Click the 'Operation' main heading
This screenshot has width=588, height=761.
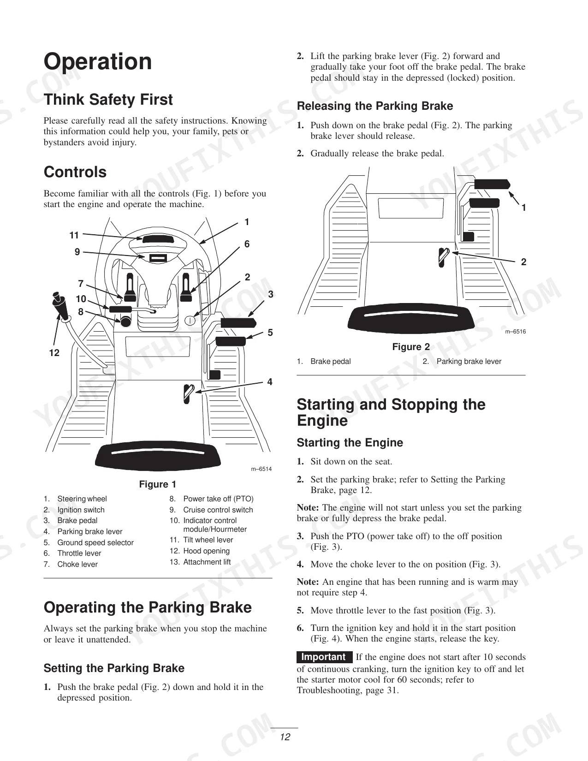(x=98, y=62)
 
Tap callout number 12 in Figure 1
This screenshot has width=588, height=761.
(x=54, y=353)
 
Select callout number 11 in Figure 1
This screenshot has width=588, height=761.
(x=74, y=235)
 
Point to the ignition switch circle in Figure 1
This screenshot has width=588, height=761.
(x=190, y=320)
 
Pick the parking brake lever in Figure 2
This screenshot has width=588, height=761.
(x=443, y=257)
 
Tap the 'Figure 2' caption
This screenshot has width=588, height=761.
(x=411, y=347)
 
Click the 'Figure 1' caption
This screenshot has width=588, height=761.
(x=158, y=484)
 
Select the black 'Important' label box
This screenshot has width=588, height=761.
(x=324, y=657)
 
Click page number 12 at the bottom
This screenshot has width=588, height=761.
(x=285, y=737)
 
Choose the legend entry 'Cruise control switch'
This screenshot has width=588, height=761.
(x=218, y=510)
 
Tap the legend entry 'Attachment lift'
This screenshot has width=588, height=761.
(x=207, y=562)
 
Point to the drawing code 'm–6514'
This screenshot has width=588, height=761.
(x=261, y=469)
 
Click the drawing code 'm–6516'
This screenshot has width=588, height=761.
(x=516, y=332)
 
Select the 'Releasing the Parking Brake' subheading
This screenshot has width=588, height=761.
(x=375, y=106)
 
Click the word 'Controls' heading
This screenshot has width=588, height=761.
(x=75, y=172)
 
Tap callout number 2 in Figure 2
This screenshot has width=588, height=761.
(x=523, y=262)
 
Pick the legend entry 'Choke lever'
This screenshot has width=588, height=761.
(x=77, y=564)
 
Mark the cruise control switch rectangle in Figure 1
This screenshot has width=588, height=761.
(x=158, y=258)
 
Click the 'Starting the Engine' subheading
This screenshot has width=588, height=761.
(x=350, y=443)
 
